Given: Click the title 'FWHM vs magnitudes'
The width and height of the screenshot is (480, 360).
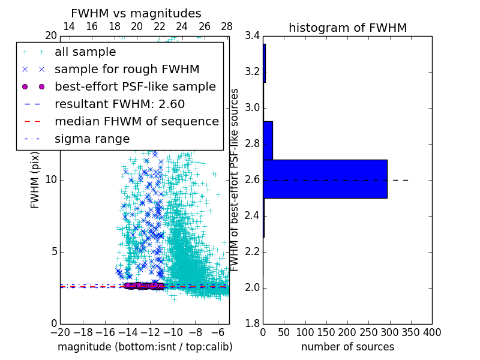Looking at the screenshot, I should pyautogui.click(x=136, y=13).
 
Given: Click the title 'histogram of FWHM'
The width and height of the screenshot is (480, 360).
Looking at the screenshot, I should pyautogui.click(x=347, y=28).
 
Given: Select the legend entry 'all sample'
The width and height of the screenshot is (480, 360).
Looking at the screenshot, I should pyautogui.click(x=85, y=52).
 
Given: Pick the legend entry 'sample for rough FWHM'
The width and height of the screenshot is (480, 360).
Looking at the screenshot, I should pyautogui.click(x=127, y=70).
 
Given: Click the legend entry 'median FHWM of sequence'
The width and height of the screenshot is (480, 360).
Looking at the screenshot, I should pyautogui.click(x=136, y=121).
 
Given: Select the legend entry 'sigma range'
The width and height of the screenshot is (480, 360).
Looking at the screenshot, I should pyautogui.click(x=92, y=139).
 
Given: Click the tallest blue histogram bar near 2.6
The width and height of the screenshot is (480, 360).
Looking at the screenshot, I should pyautogui.click(x=325, y=179).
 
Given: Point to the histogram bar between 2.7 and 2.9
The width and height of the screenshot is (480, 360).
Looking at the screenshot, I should pyautogui.click(x=268, y=140).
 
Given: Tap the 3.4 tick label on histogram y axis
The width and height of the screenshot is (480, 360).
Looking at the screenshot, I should pyautogui.click(x=253, y=36).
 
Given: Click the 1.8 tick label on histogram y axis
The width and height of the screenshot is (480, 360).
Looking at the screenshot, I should pyautogui.click(x=253, y=324).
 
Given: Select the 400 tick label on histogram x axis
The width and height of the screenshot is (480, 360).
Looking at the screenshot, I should pyautogui.click(x=432, y=332).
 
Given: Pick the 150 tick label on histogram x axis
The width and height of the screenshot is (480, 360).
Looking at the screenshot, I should pyautogui.click(x=326, y=332).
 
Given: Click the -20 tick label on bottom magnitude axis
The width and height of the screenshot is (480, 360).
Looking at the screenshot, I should pyautogui.click(x=60, y=332).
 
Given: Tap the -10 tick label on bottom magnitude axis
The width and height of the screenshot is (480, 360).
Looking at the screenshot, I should pyautogui.click(x=173, y=332).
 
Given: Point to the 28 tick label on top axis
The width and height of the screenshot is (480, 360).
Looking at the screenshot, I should pyautogui.click(x=227, y=26).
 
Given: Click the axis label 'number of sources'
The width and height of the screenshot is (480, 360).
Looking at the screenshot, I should pyautogui.click(x=347, y=347).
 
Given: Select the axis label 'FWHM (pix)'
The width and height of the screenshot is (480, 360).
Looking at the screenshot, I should pyautogui.click(x=35, y=180).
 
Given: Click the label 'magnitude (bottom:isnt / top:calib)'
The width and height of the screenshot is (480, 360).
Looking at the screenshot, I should pyautogui.click(x=145, y=347).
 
